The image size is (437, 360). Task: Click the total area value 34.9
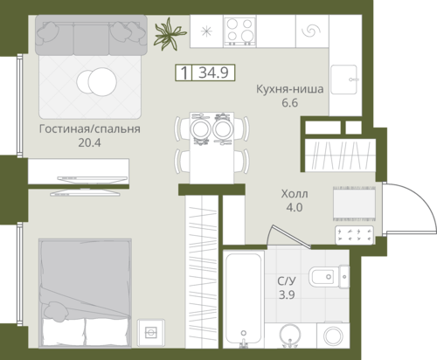click(x=213, y=73)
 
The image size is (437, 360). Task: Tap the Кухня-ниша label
click(x=290, y=89)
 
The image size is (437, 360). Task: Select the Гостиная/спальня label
click(x=90, y=128)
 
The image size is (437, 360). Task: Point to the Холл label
click(x=295, y=194)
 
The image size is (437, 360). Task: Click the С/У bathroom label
click(x=287, y=281)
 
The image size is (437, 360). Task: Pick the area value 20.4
click(x=89, y=142)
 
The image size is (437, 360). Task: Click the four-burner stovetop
click(x=239, y=31)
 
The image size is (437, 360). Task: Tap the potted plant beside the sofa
click(x=169, y=34)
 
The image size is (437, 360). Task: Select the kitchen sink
click(x=344, y=80)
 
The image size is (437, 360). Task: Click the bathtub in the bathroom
click(x=244, y=299)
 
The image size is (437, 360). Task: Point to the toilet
click(x=329, y=276)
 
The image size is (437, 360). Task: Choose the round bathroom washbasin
click(x=289, y=336)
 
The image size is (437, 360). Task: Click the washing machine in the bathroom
click(x=333, y=335)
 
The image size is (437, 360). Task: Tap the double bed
click(x=85, y=293)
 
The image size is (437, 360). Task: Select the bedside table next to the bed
click(x=151, y=332)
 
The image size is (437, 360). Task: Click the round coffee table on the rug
click(x=97, y=81)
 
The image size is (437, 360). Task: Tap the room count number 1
click(x=184, y=73)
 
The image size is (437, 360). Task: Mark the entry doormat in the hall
click(x=354, y=204)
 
